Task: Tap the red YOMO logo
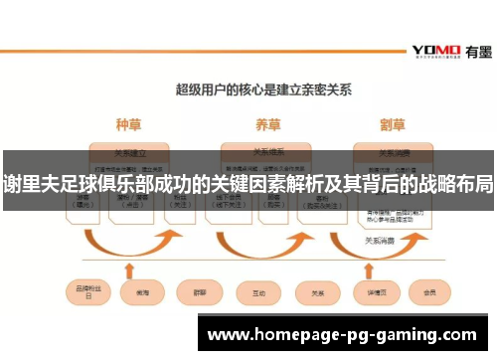pyautogui.click(x=434, y=50)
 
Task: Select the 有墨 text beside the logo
pyautogui.click(x=475, y=50)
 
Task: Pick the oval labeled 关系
pyautogui.click(x=318, y=294)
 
